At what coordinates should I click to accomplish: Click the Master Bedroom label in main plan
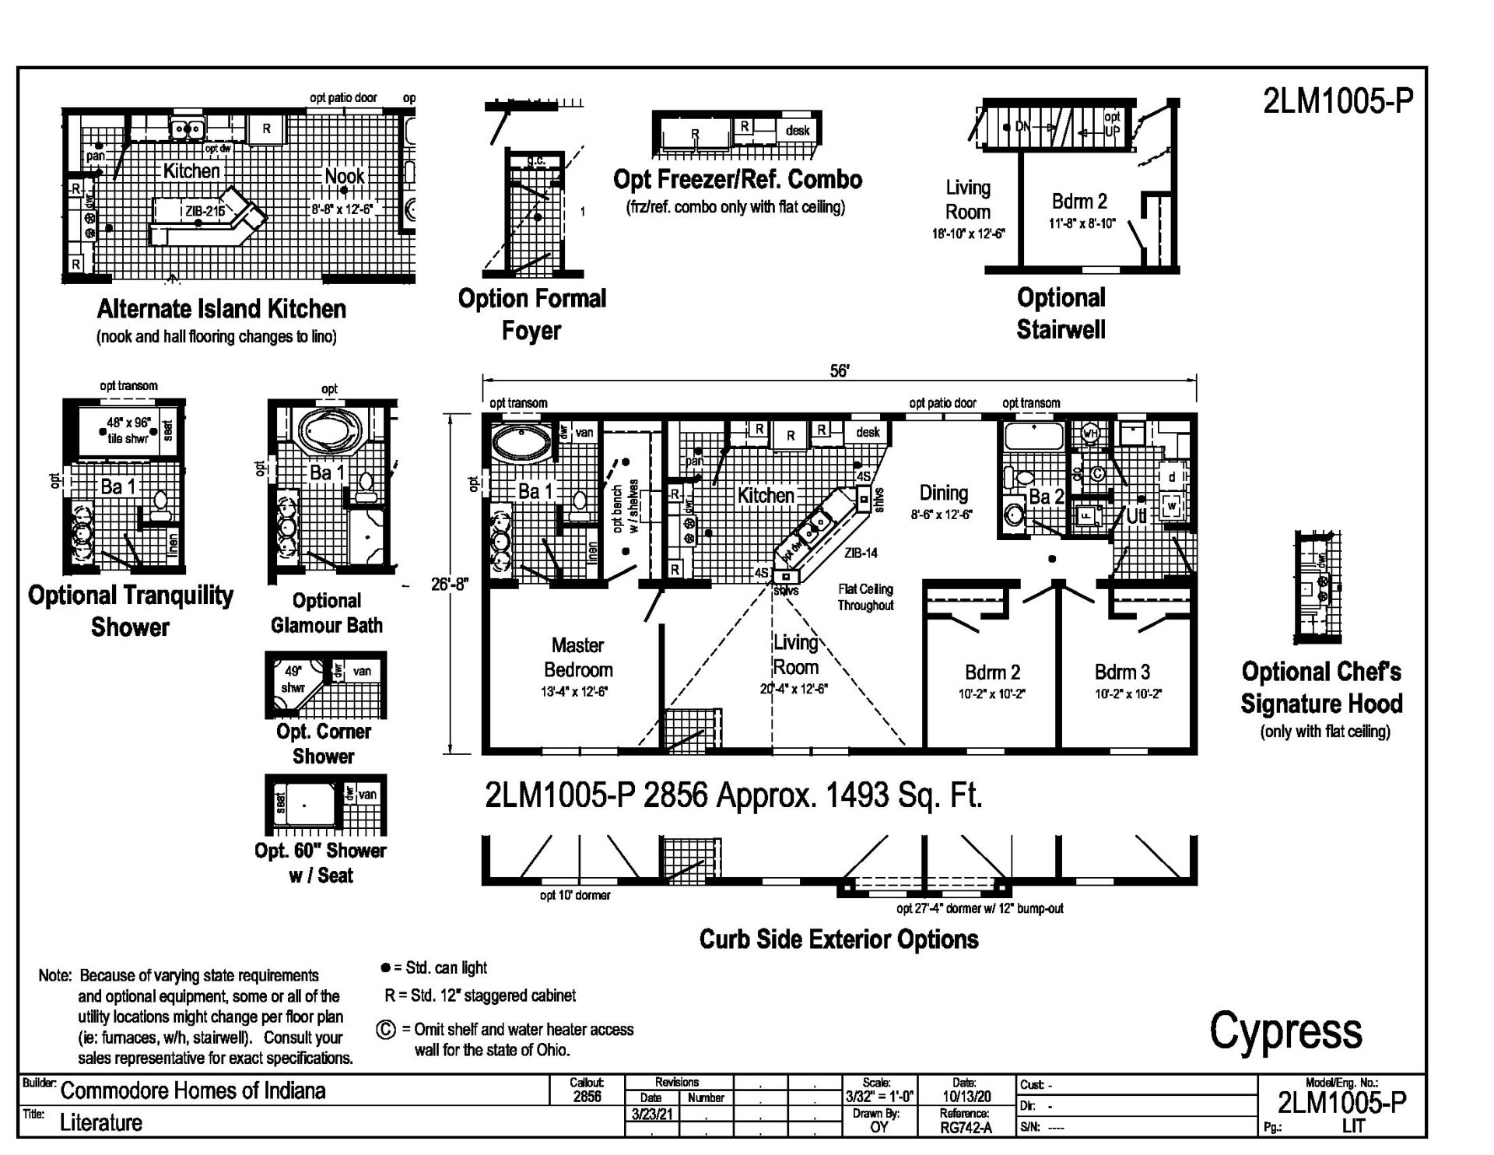click(x=577, y=658)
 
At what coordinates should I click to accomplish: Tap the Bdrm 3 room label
click(x=1121, y=672)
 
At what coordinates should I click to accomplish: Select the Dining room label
click(x=943, y=493)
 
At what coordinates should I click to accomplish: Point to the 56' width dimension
click(x=839, y=371)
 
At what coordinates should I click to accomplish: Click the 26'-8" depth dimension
click(x=450, y=584)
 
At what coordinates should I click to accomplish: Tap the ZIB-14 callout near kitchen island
click(x=861, y=553)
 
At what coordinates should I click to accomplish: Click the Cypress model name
click(x=1285, y=1030)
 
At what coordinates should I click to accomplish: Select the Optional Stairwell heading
click(x=1061, y=314)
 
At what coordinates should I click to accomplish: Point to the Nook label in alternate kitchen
click(x=344, y=177)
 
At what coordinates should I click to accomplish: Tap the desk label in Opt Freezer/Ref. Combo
click(x=797, y=131)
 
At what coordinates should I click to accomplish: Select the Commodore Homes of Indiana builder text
click(x=193, y=1090)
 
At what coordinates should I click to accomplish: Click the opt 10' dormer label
click(x=575, y=895)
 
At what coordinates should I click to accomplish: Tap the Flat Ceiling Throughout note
click(x=865, y=597)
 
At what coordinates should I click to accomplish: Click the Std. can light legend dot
click(x=384, y=967)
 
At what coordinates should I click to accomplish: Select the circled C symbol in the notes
click(x=386, y=1030)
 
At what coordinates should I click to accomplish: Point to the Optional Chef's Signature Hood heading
click(x=1321, y=687)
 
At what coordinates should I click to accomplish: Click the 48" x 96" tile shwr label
click(x=128, y=430)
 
